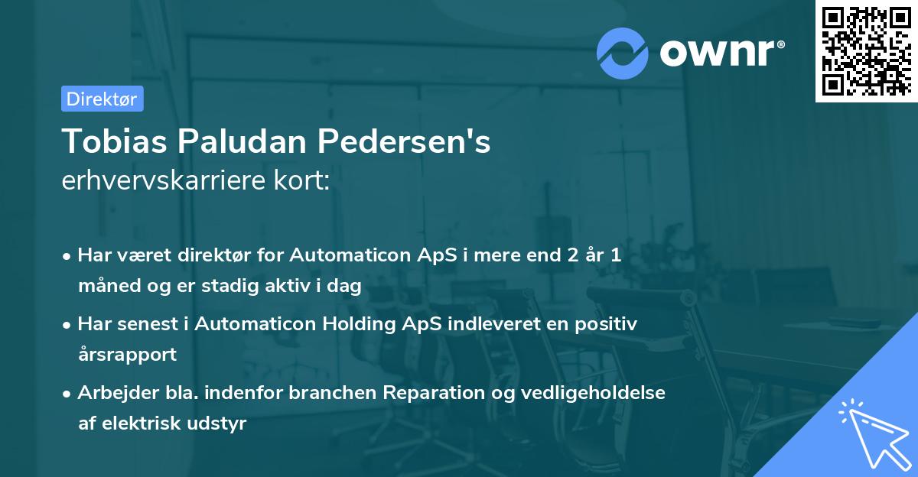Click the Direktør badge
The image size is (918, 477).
click(102, 99)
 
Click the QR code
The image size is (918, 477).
click(866, 51)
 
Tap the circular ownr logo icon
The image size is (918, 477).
click(622, 52)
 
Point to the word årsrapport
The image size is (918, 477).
click(127, 354)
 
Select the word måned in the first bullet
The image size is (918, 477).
click(104, 286)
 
